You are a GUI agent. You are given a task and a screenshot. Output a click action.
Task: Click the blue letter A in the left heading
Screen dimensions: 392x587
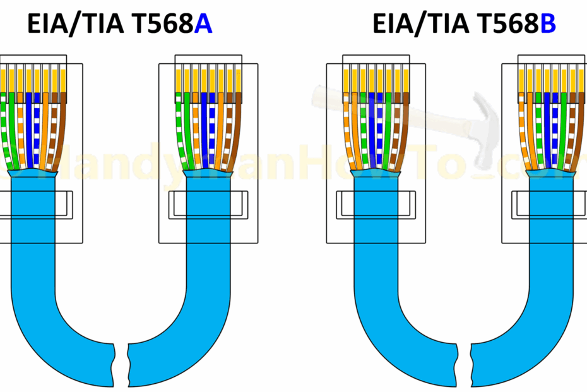tap(203, 25)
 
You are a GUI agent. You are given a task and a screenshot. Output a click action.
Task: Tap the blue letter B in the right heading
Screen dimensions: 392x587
tap(547, 25)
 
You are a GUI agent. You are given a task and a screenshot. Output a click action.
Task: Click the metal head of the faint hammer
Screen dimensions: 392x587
tap(482, 130)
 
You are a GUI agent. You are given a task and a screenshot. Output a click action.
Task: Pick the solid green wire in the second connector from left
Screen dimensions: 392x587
tap(186, 126)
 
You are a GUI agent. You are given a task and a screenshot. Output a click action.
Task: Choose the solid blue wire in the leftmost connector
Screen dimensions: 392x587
tap(28, 126)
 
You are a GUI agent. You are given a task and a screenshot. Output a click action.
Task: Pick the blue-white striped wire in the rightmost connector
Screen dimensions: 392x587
tap(554, 126)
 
